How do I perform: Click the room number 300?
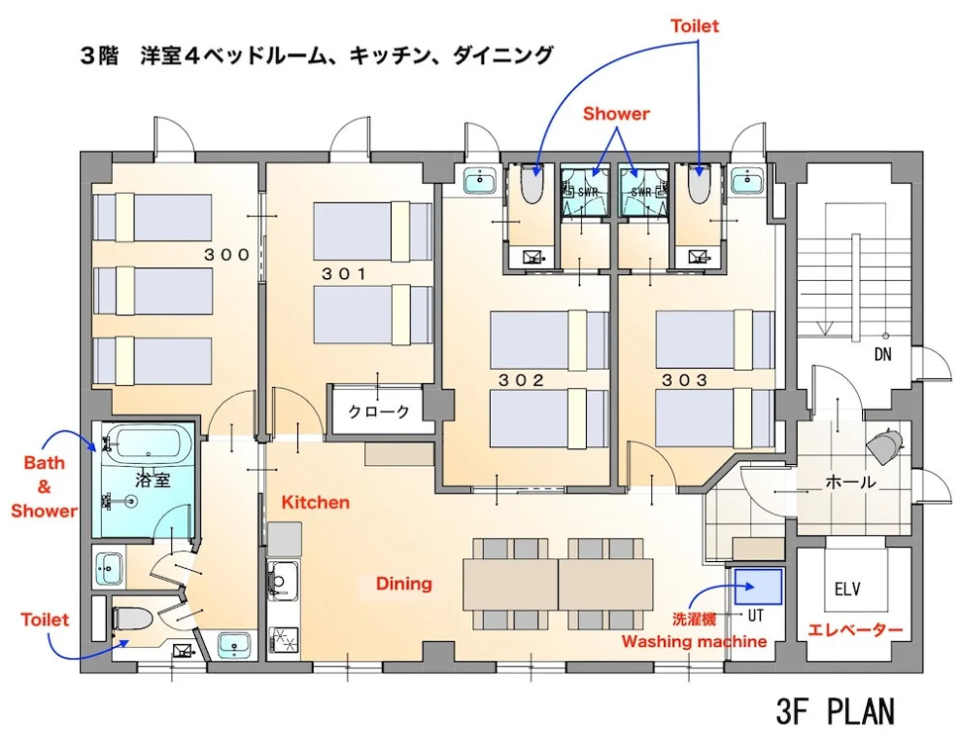tap(226, 254)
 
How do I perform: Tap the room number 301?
tap(344, 274)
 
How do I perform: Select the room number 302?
tap(521, 380)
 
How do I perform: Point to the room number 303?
tap(685, 380)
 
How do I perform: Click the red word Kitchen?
tap(316, 503)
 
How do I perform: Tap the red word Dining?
tap(403, 583)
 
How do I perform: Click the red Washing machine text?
tap(694, 641)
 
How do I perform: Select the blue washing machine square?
tap(758, 587)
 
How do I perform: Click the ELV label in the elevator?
tap(847, 589)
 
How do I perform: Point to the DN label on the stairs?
tap(883, 354)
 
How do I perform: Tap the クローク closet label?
tap(379, 411)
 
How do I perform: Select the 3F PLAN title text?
tap(835, 713)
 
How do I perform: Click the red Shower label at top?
tap(616, 114)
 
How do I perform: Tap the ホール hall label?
tap(850, 482)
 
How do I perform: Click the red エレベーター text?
tap(855, 630)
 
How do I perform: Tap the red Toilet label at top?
tap(695, 26)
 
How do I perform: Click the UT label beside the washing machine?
tap(755, 615)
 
